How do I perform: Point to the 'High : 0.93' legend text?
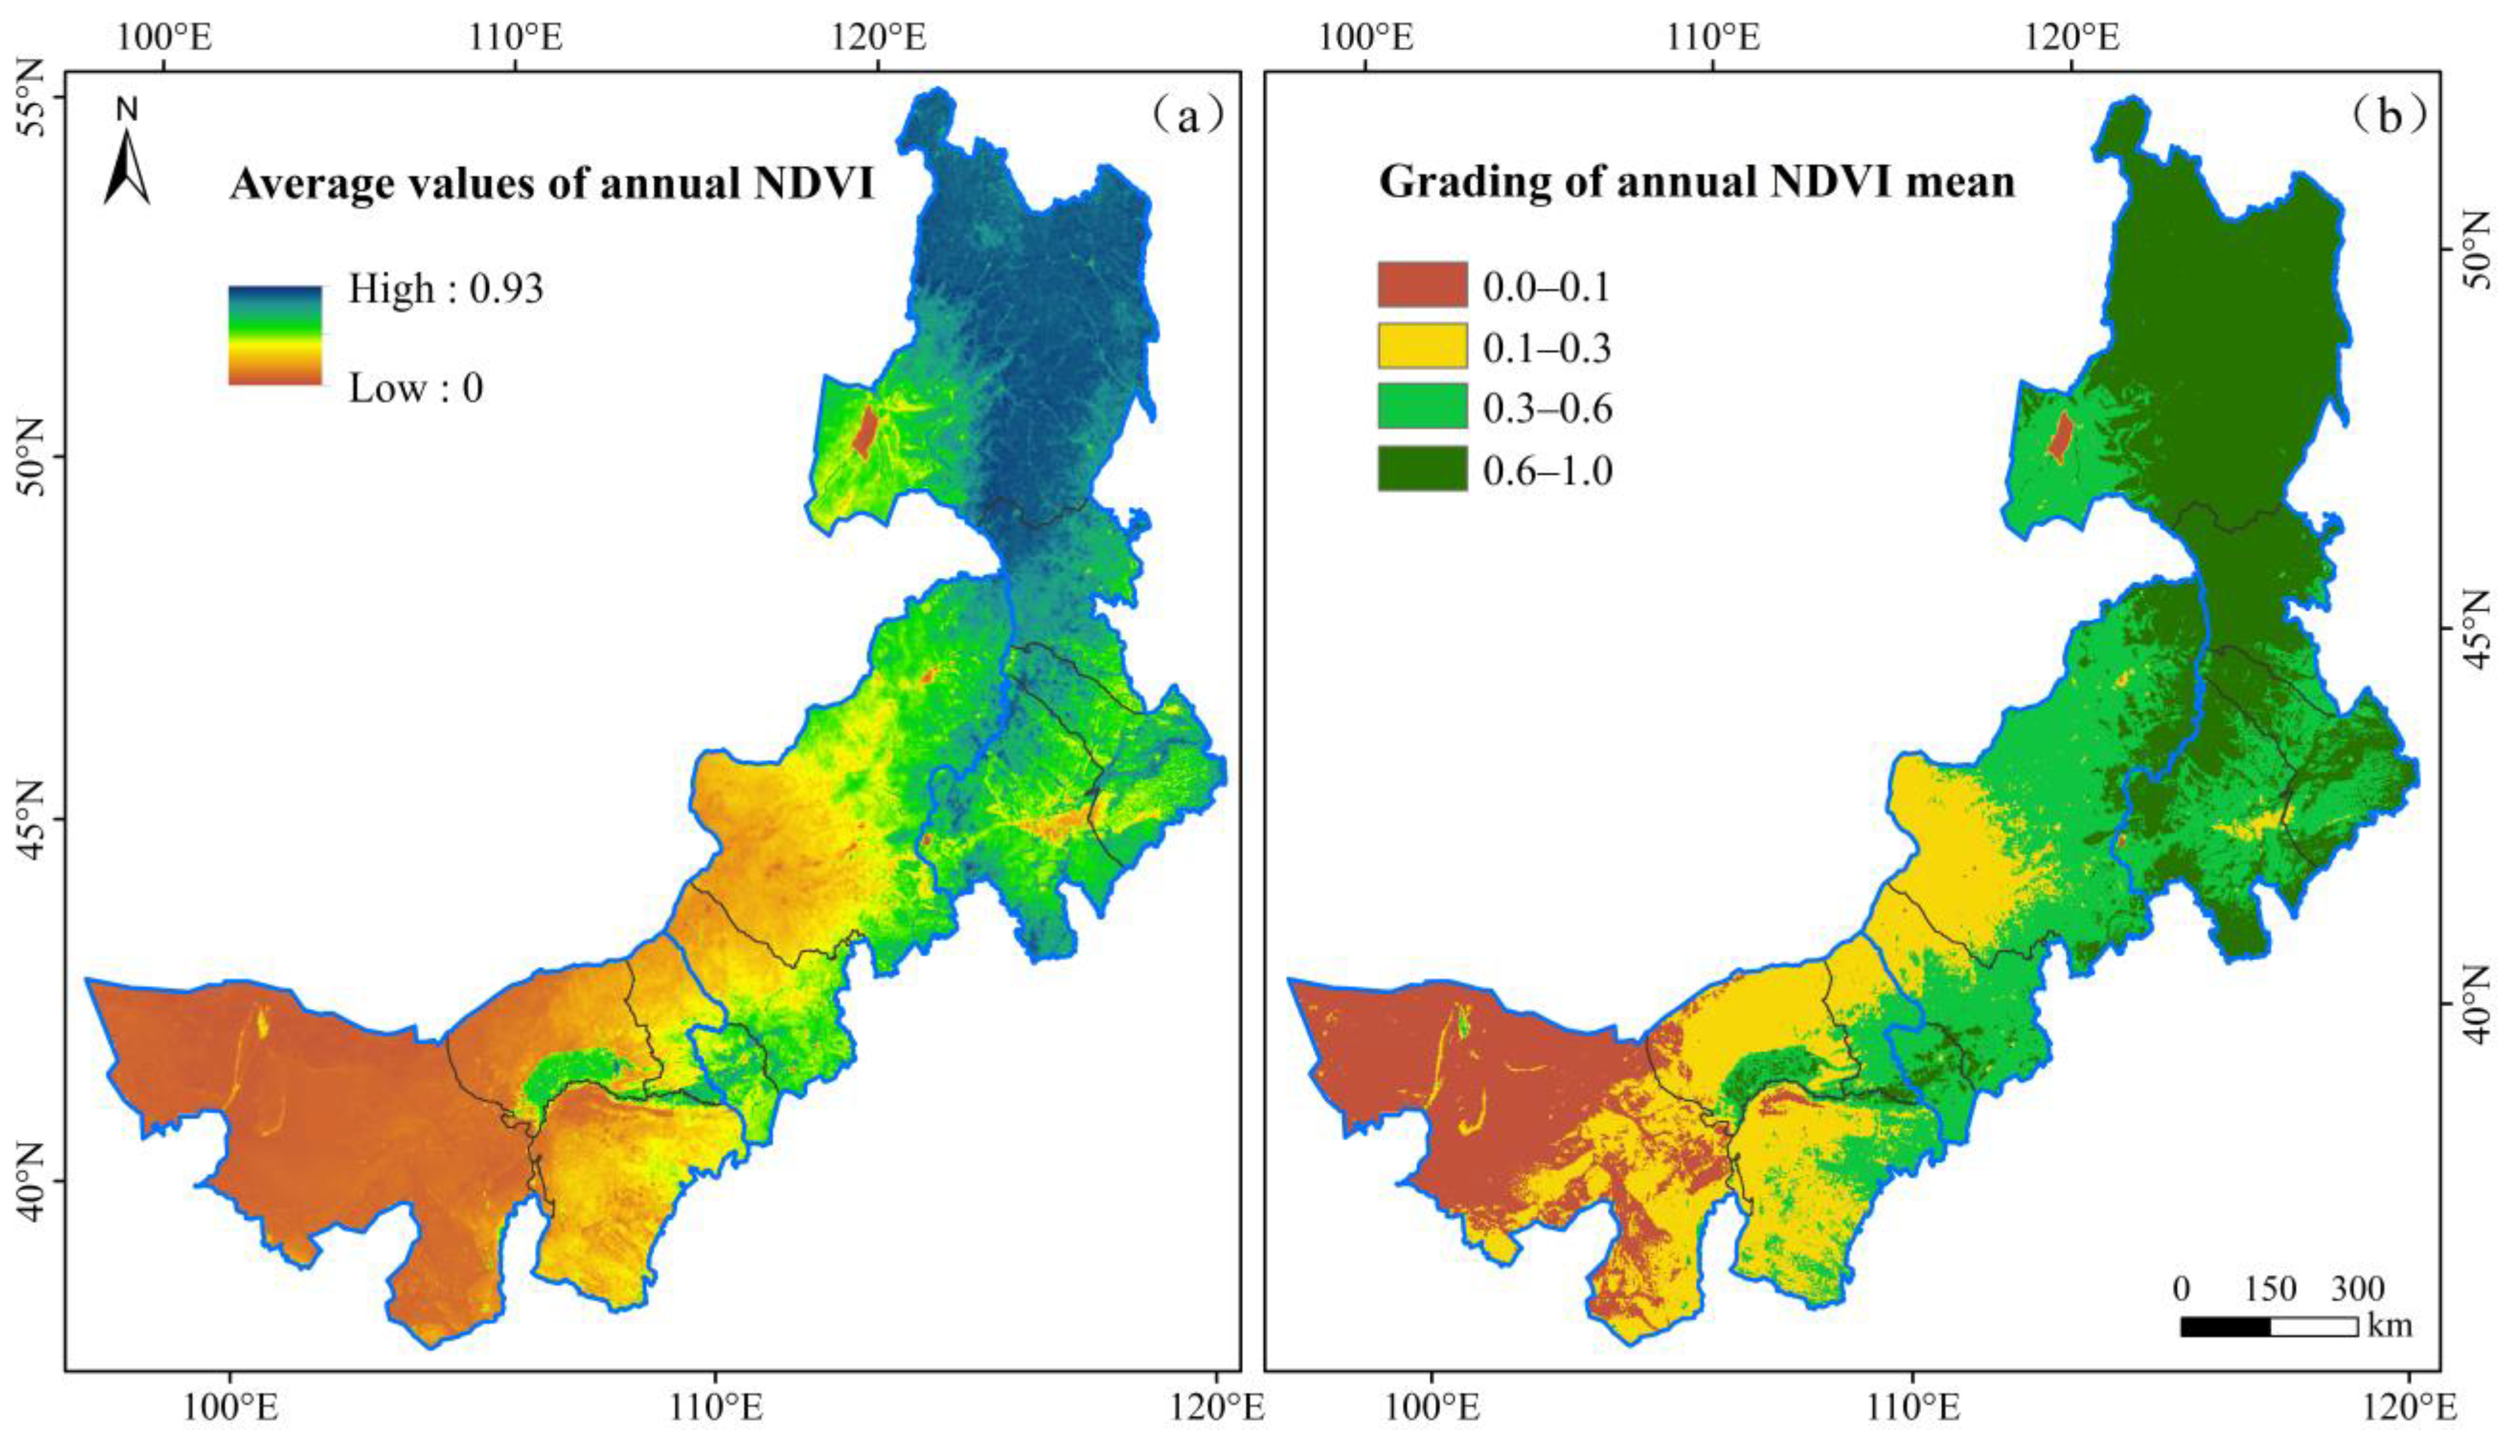click(x=445, y=288)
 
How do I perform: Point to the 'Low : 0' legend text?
click(x=415, y=388)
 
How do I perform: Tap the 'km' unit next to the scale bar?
click(x=2390, y=1325)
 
